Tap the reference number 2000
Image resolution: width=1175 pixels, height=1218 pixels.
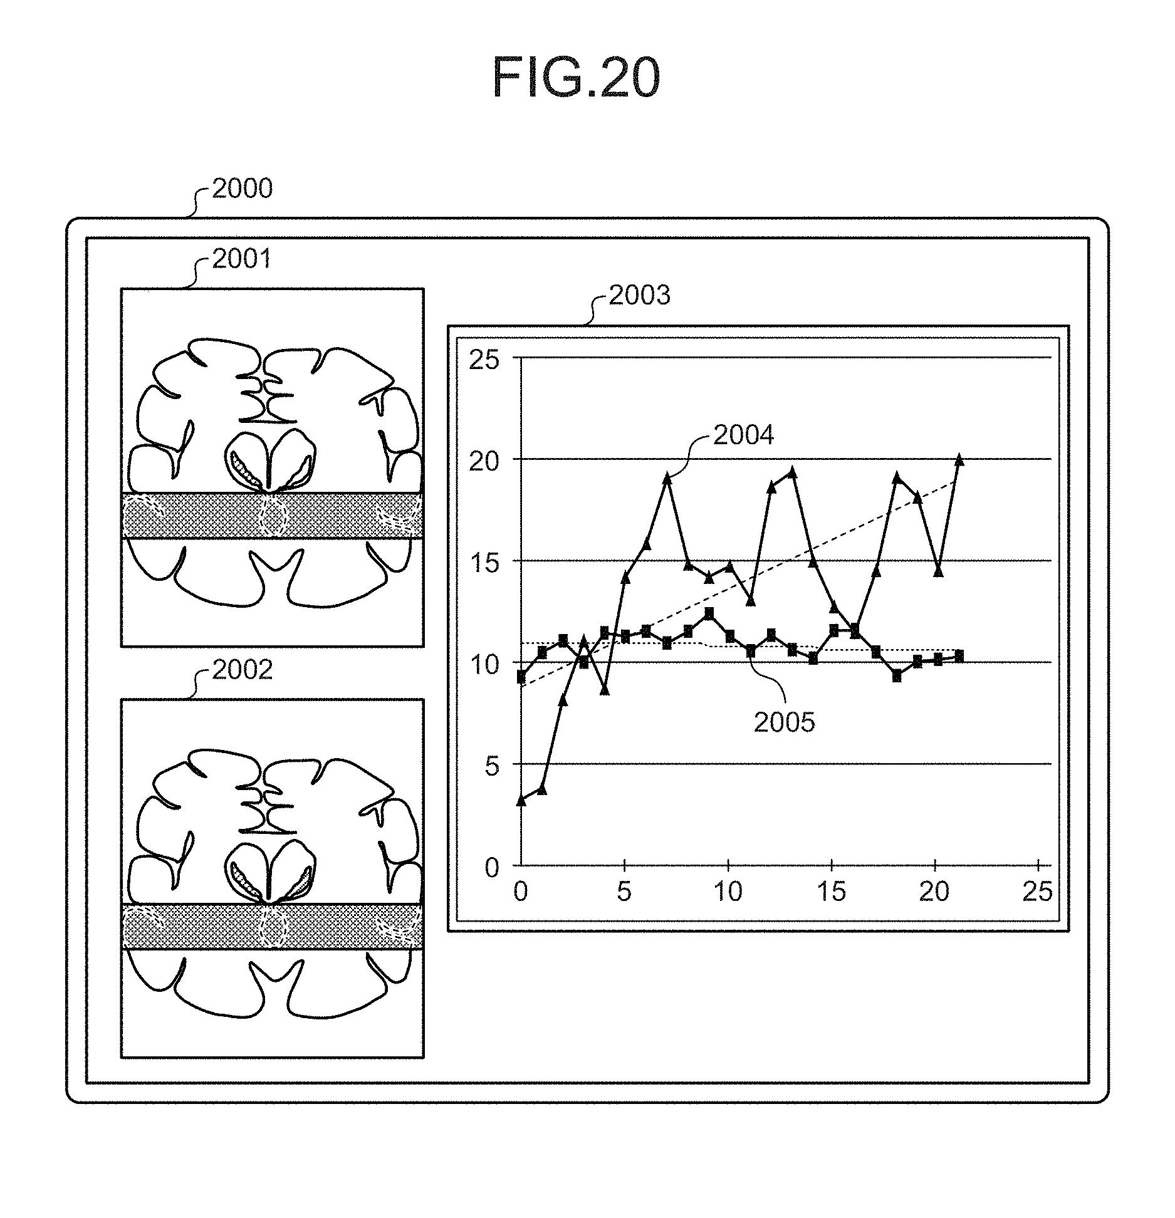[x=242, y=189]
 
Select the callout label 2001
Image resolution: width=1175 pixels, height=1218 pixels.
[x=242, y=259]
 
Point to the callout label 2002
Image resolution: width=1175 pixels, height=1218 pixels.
[x=243, y=670]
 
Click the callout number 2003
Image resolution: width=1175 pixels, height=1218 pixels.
[x=639, y=295]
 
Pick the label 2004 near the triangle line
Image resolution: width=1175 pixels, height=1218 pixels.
[x=743, y=435]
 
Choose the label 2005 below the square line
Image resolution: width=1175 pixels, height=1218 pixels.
[x=784, y=723]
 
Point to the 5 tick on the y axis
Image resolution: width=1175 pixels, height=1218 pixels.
[x=491, y=766]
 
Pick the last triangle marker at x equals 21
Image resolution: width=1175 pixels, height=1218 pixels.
[x=958, y=460]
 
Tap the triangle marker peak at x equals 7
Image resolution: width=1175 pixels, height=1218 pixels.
[x=667, y=479]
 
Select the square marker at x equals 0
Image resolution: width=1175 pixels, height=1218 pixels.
[x=521, y=677]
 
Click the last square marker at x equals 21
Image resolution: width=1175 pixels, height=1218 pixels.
[x=958, y=656]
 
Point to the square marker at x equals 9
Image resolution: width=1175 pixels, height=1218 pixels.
[x=709, y=613]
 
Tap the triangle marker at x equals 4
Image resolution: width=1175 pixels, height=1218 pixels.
[x=605, y=689]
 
